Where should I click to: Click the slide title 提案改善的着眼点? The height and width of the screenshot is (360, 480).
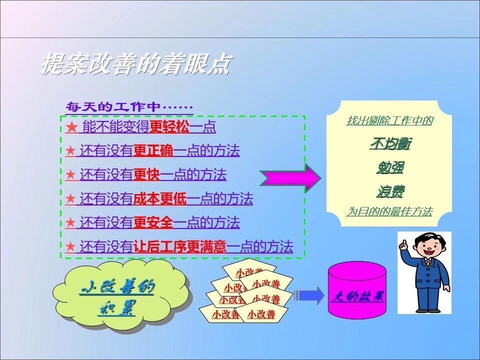[135, 64]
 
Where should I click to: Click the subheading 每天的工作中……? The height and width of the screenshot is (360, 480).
[129, 107]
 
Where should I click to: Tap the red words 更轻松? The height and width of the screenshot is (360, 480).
[169, 126]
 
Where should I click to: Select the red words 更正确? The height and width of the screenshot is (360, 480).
[153, 150]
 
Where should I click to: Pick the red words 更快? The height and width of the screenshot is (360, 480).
[146, 174]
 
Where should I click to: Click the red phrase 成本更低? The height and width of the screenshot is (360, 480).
[160, 198]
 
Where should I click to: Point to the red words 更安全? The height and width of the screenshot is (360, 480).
[153, 222]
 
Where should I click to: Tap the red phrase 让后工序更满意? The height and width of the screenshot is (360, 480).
[179, 246]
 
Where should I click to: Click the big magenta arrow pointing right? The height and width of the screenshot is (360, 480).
[290, 178]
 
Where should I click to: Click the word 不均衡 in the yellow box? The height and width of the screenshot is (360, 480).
[390, 143]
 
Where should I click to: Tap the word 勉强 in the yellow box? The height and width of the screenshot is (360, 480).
[390, 167]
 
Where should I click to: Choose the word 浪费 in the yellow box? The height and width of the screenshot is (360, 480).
[390, 191]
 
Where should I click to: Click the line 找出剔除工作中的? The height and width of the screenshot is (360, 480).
[389, 120]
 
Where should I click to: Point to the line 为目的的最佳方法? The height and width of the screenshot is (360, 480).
[389, 211]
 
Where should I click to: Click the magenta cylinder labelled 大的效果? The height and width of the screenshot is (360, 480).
[357, 290]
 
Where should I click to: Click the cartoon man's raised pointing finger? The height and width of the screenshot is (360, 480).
[404, 243]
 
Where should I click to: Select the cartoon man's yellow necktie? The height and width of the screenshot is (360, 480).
[427, 262]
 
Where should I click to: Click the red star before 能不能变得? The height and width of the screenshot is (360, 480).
[71, 126]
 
